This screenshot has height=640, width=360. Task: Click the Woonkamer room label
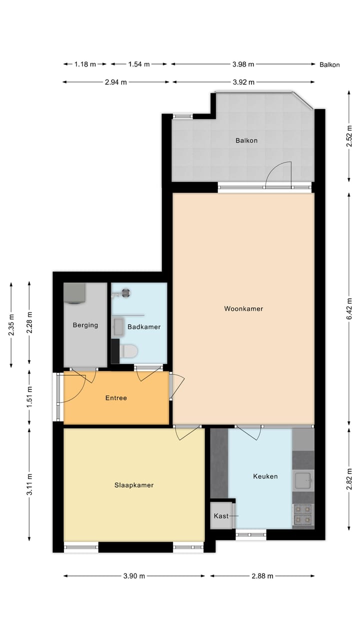pos(243,308)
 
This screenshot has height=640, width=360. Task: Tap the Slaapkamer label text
pos(134,485)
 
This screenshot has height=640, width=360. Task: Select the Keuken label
pos(265,476)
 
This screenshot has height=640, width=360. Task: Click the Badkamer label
pos(144,327)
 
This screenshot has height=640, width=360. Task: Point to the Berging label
pos(85,325)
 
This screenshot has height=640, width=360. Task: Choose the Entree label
pos(116,398)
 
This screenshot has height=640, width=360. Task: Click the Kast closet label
pos(221,516)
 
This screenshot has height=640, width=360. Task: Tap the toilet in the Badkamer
pos(129,351)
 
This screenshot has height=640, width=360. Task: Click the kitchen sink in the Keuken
pos(303,481)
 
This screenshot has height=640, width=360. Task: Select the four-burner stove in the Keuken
pos(303,514)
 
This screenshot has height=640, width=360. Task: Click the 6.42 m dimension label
pos(349,308)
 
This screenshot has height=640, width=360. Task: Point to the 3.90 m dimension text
pos(134,576)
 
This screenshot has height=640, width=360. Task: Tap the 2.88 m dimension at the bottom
pos(262,576)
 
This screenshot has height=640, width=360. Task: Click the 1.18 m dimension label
pos(85,64)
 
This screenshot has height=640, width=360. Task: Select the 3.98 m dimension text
pos(243,64)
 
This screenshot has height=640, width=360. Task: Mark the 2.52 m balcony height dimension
pos(349,136)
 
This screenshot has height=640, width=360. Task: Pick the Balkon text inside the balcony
pos(246,140)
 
